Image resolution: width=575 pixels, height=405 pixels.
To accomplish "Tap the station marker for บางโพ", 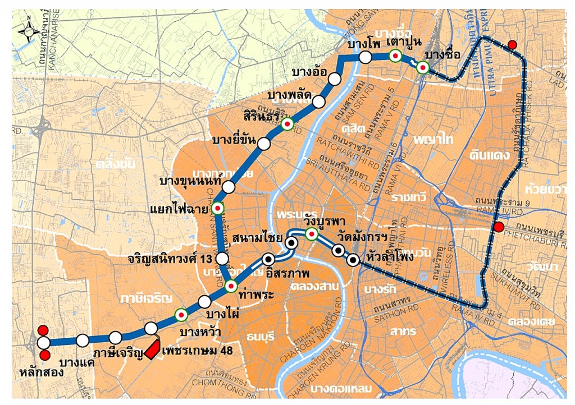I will (x=365, y=57).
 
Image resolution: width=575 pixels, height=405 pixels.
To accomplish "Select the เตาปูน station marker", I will (x=395, y=56).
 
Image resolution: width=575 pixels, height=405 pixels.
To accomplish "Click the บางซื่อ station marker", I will (x=423, y=67).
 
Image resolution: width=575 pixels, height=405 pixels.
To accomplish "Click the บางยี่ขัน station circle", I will (x=263, y=144).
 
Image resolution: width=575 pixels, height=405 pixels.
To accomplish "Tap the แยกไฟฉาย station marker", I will (x=218, y=209).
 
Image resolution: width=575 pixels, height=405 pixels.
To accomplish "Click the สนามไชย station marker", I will (x=291, y=243).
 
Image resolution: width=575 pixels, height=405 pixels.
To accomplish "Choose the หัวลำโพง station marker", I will (x=353, y=260).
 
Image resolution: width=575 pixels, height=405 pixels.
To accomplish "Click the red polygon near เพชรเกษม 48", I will (x=152, y=349).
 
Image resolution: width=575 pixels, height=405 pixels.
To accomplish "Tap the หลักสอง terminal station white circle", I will (x=43, y=343).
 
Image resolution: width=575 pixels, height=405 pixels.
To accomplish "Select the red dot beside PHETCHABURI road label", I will (x=498, y=227).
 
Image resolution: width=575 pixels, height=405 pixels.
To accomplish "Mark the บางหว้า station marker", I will (x=181, y=315).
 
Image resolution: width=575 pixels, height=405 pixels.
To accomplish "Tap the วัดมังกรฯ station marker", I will (x=339, y=250).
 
